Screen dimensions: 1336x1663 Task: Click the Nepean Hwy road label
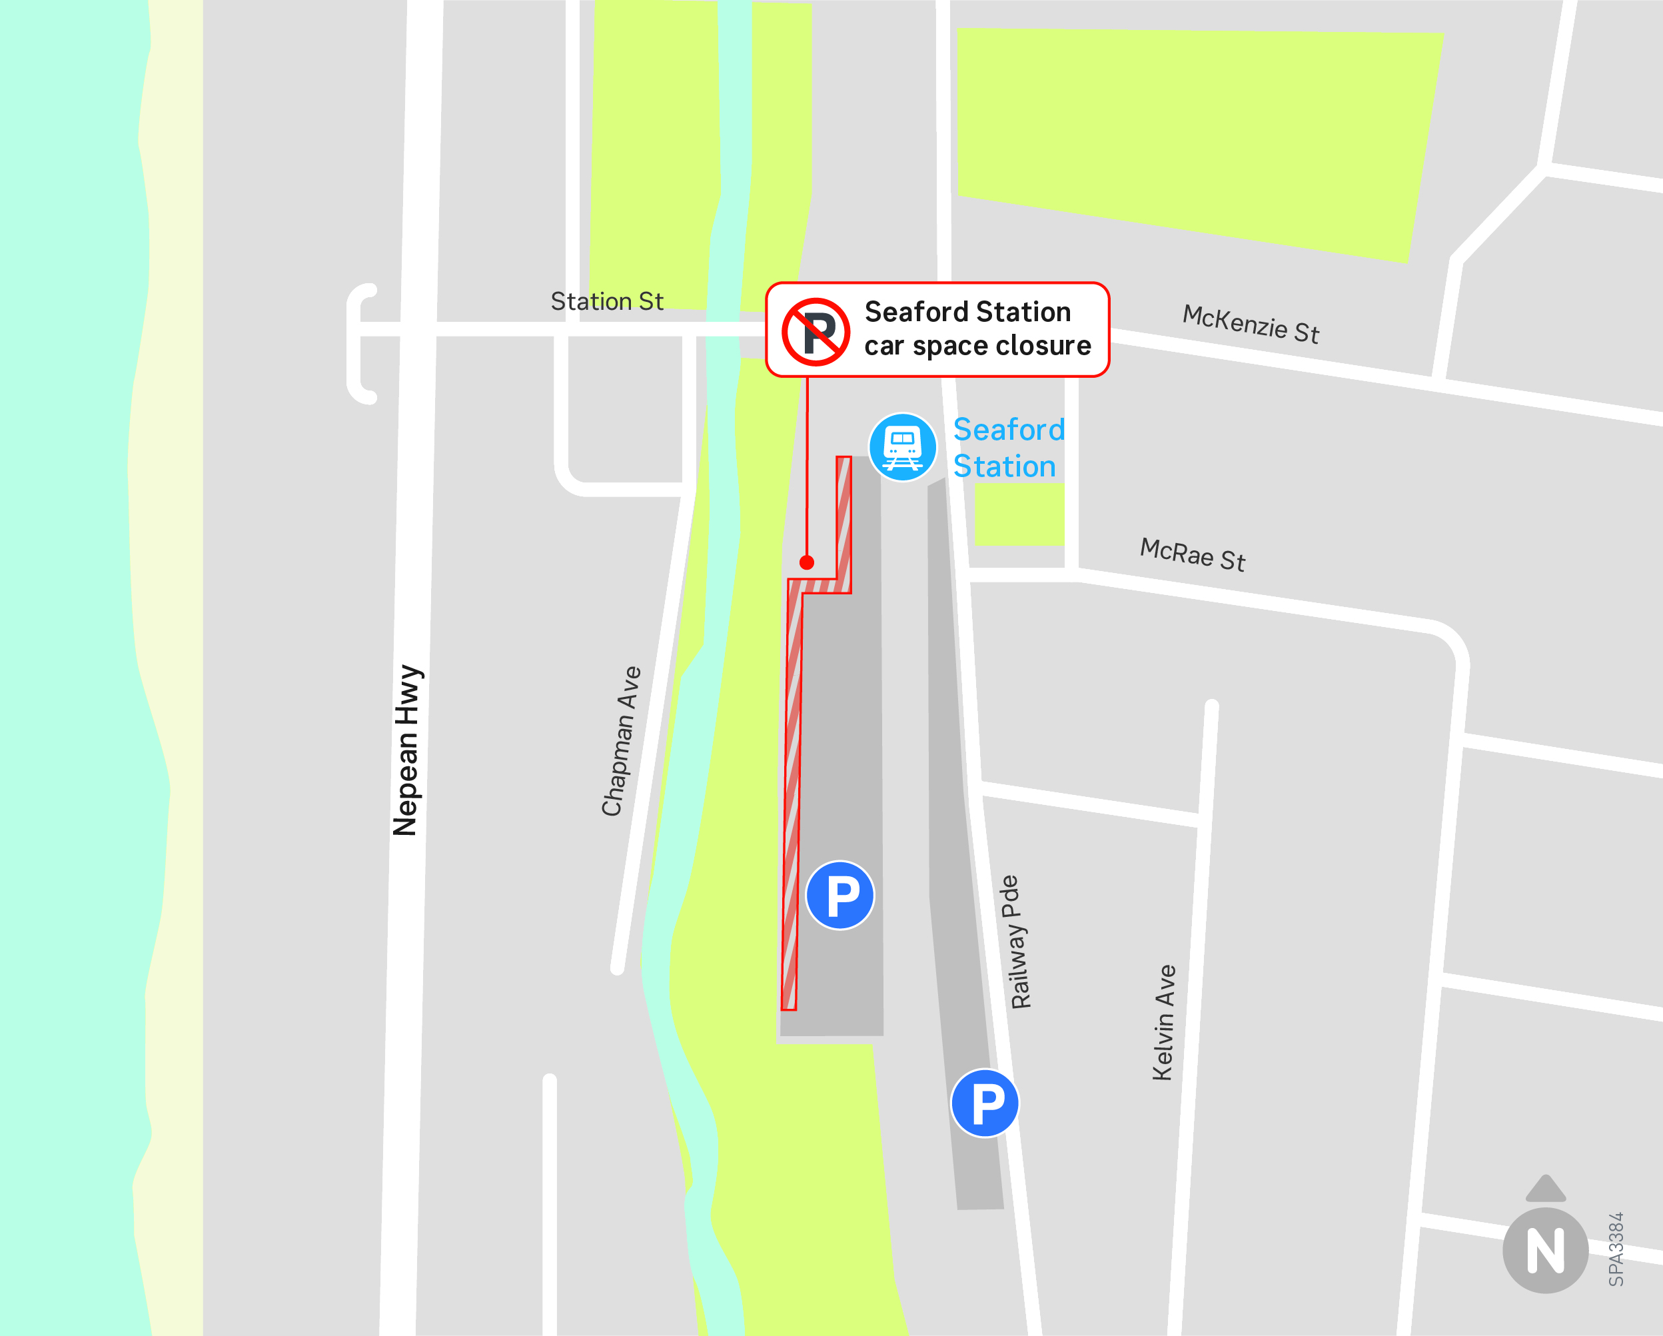pos(406,750)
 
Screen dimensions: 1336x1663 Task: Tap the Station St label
pos(606,302)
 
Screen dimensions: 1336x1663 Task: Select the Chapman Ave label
pos(621,740)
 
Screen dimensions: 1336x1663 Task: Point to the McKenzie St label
pos(1251,324)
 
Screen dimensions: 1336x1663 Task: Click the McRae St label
pos(1192,554)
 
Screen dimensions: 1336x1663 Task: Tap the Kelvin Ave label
pos(1163,1022)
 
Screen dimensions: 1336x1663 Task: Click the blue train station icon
pos(903,447)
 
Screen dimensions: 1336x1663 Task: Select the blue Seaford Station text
pos(1008,447)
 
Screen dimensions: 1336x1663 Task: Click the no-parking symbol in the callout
pos(816,332)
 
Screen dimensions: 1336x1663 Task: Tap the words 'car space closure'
pos(977,346)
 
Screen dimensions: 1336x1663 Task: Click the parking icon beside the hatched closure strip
pos(840,895)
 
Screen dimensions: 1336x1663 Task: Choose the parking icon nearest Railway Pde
pos(985,1103)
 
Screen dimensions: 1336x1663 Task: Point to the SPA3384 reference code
pos(1616,1249)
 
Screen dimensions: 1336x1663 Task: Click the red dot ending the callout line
pos(807,562)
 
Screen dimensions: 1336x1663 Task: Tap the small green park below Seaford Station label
pos(1019,515)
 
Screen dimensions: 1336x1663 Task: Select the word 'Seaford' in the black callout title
pos(907,312)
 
